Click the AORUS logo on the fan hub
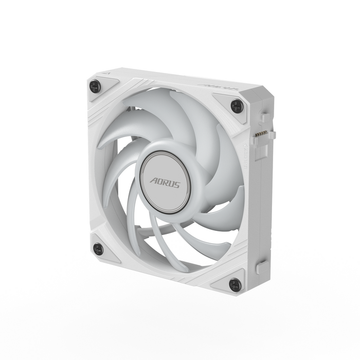tap(165, 183)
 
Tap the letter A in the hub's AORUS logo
tap(154, 181)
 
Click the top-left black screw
tap(95, 86)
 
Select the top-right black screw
tap(236, 106)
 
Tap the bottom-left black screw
tap(98, 249)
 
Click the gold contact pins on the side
tap(261, 135)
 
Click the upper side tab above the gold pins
tap(264, 118)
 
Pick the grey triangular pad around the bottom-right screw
tap(230, 280)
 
